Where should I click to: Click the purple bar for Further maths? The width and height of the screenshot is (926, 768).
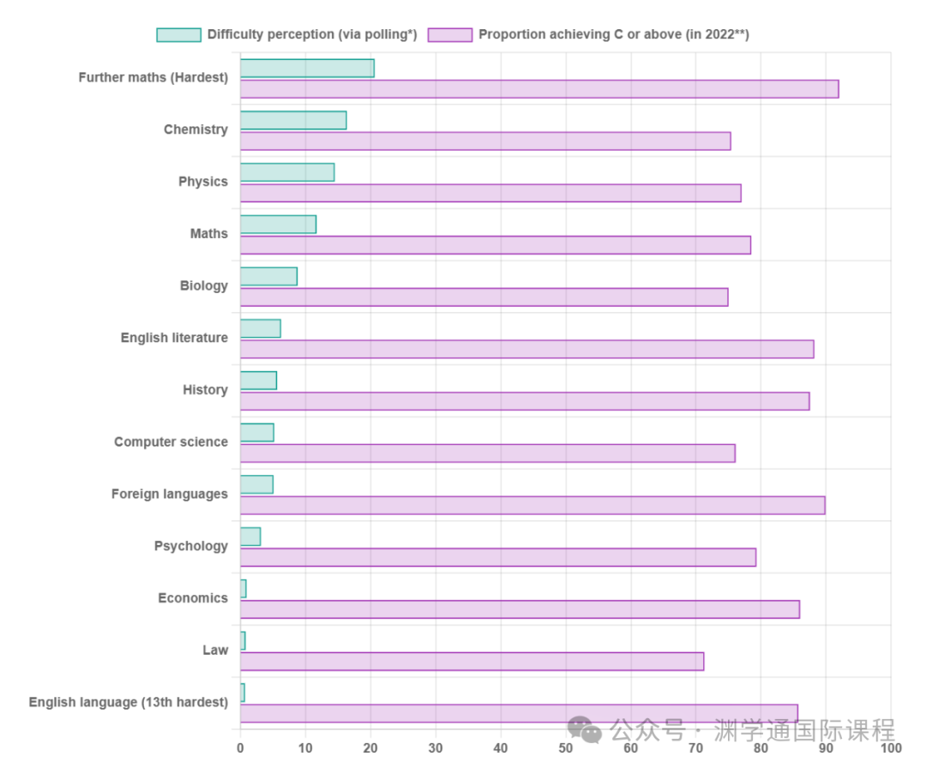pyautogui.click(x=539, y=89)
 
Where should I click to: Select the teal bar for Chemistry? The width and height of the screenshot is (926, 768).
pyautogui.click(x=293, y=120)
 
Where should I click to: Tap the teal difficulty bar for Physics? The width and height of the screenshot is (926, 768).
pyautogui.click(x=287, y=172)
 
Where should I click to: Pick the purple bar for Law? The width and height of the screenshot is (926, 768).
pyautogui.click(x=472, y=662)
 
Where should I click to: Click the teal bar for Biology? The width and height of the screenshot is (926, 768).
pyautogui.click(x=268, y=276)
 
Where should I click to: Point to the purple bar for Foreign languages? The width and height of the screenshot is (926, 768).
pyautogui.click(x=532, y=506)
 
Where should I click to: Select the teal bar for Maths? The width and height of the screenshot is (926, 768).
pyautogui.click(x=278, y=225)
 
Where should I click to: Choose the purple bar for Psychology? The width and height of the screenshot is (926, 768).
pyautogui.click(x=498, y=557)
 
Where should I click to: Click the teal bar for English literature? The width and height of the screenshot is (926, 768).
pyautogui.click(x=261, y=328)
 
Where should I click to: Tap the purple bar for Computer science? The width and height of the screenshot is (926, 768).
pyautogui.click(x=487, y=453)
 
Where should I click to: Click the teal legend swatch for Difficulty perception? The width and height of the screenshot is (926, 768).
pyautogui.click(x=178, y=35)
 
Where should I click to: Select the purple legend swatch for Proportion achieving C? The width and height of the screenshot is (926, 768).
pyautogui.click(x=450, y=35)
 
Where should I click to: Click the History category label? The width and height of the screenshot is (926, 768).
pyautogui.click(x=205, y=390)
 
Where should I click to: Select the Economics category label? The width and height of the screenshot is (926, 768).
pyautogui.click(x=193, y=598)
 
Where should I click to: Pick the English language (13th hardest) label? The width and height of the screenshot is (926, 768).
pyautogui.click(x=129, y=702)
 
